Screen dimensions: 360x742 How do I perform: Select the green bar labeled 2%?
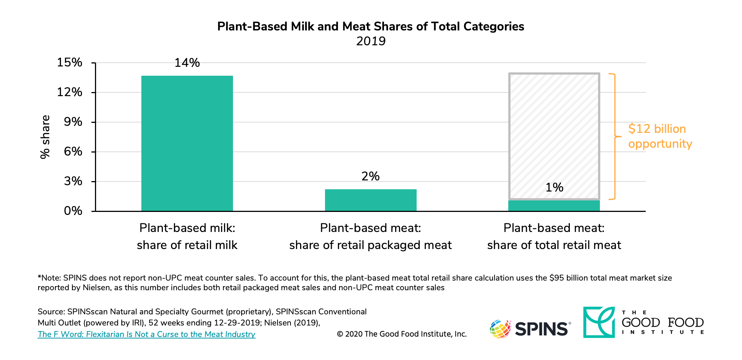(371, 200)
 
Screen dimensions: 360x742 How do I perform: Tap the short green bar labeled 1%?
(554, 206)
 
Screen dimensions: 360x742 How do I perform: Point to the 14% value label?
(187, 63)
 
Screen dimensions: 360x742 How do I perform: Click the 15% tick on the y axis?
(69, 62)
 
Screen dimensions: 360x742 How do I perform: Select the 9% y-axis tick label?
(73, 122)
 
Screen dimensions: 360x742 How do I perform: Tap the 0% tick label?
(73, 211)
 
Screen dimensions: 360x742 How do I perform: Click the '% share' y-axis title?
(45, 137)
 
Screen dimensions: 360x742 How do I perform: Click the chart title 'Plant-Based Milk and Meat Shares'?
(370, 26)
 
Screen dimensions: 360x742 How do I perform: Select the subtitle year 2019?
(371, 41)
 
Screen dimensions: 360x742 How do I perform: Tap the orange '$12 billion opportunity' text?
(660, 136)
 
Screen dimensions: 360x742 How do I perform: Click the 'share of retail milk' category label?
(187, 245)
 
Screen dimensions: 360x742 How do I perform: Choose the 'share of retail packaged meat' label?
(370, 245)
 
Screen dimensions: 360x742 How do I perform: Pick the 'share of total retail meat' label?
(554, 245)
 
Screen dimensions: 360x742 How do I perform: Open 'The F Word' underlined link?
(146, 334)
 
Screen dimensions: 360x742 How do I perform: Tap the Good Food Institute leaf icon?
(598, 322)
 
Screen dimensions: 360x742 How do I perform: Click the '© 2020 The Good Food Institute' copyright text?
(401, 334)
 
